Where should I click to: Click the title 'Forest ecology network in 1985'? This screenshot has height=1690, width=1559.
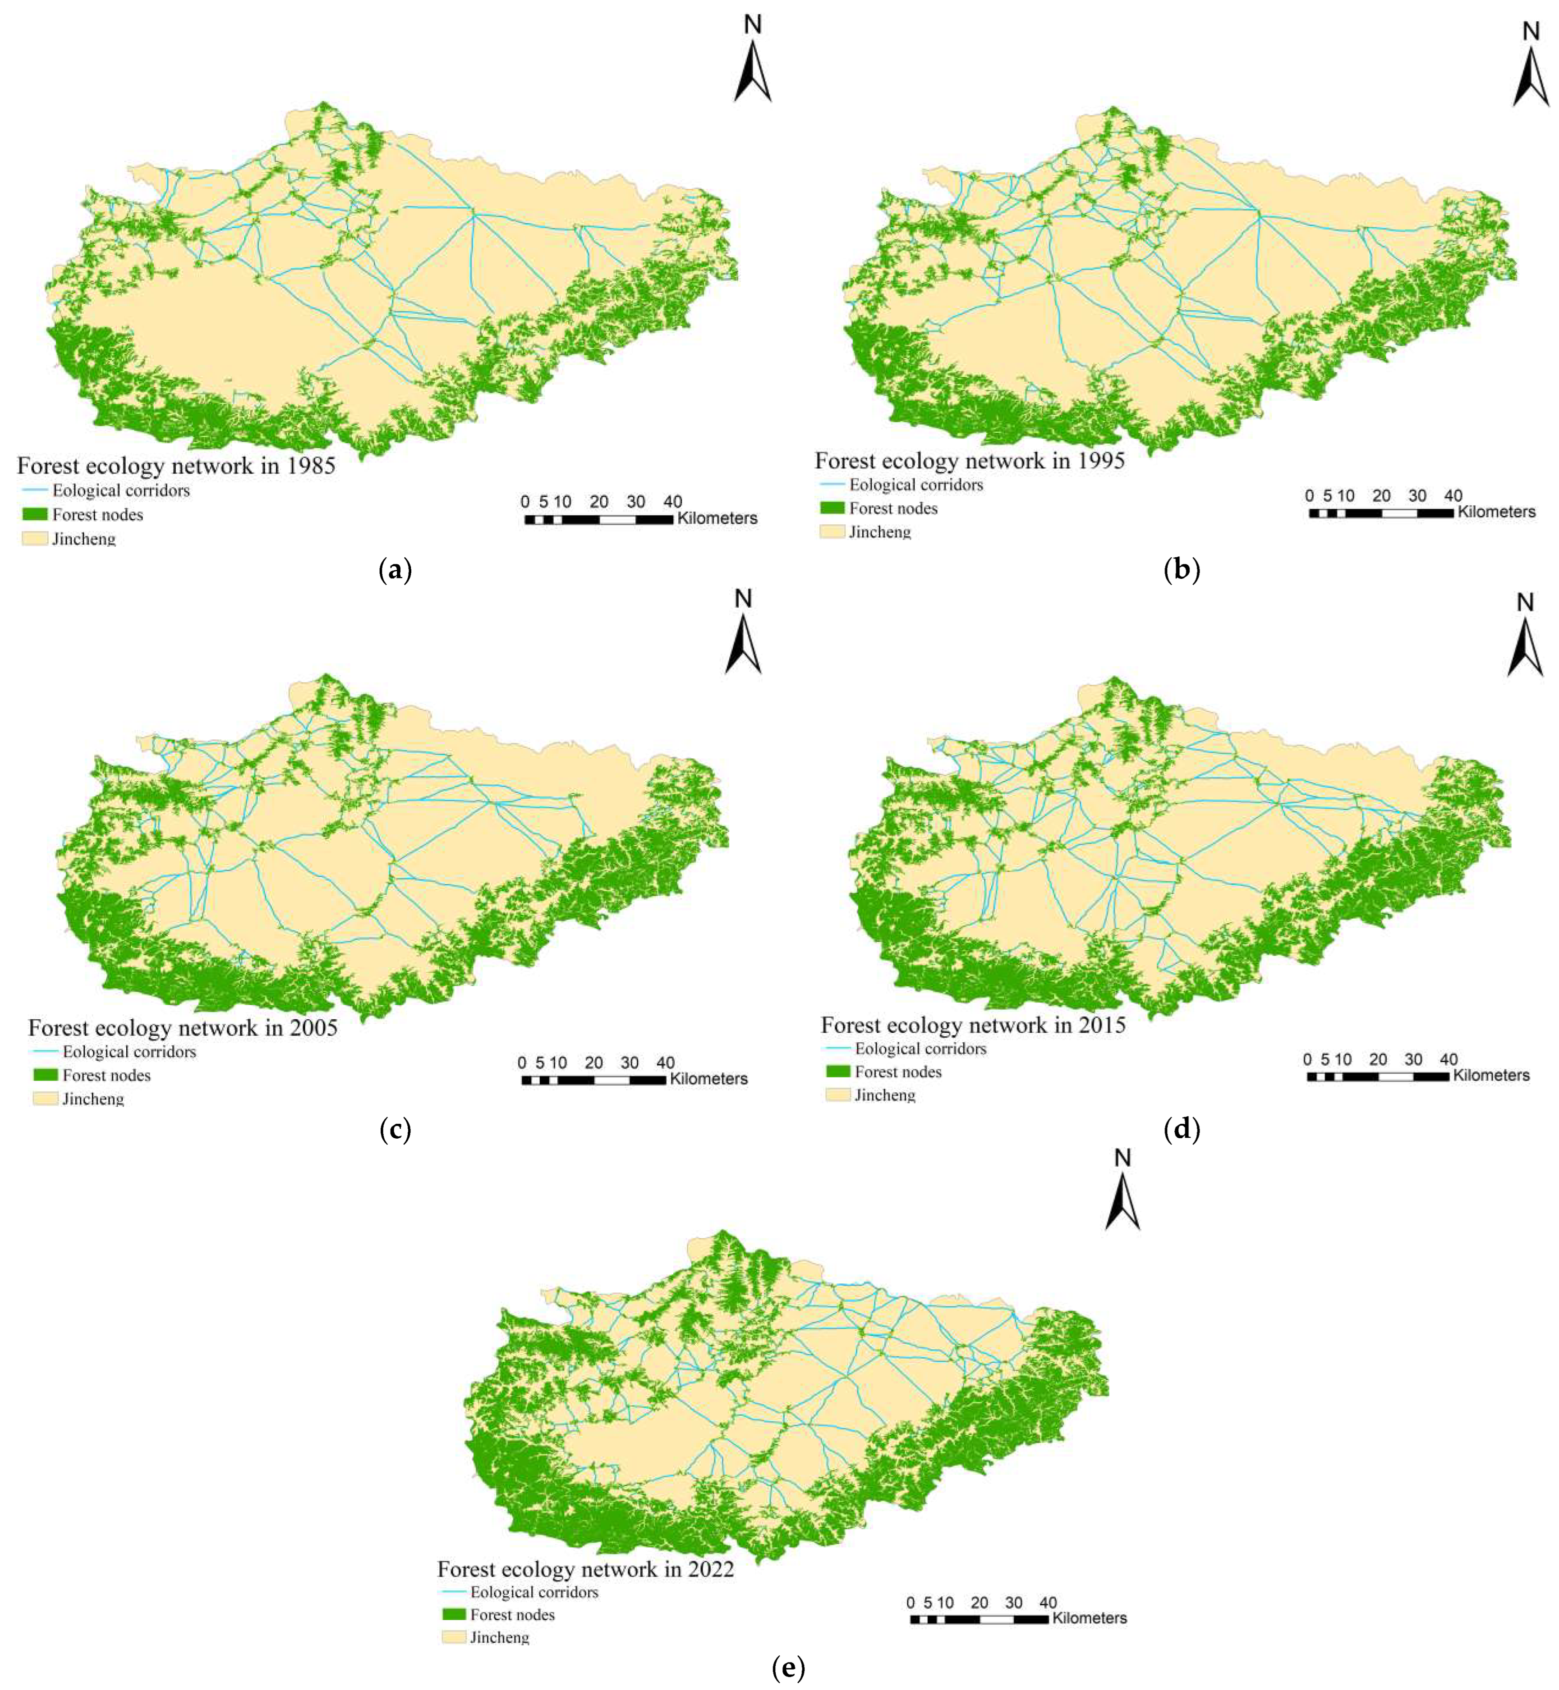[176, 466]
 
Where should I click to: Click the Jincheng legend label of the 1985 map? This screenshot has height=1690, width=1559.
[83, 538]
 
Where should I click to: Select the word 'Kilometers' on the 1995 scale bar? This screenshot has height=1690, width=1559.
[1496, 512]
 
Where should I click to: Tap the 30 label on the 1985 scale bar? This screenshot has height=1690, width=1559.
[635, 502]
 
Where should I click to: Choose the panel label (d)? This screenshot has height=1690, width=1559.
[1181, 1129]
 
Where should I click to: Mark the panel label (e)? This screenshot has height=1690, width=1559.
[788, 1667]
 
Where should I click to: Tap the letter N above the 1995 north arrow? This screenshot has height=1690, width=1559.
[1530, 32]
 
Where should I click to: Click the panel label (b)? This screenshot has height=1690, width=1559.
[1181, 571]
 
